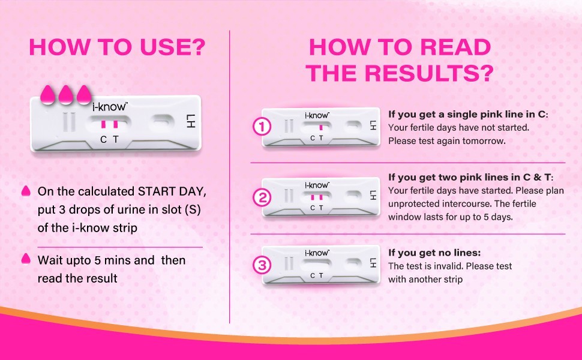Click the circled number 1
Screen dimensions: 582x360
(x=262, y=127)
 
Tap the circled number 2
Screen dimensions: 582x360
(x=262, y=197)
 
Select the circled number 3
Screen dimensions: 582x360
(x=262, y=265)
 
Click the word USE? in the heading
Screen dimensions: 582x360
(x=173, y=47)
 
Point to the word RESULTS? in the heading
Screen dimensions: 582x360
(x=430, y=73)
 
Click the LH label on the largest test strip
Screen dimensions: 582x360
(x=190, y=121)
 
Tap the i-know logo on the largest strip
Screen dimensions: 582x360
(x=110, y=107)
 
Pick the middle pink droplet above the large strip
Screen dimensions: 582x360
(x=66, y=94)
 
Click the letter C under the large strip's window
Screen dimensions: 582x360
(x=104, y=140)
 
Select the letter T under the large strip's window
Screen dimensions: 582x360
(x=116, y=140)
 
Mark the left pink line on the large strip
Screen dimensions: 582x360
(x=104, y=124)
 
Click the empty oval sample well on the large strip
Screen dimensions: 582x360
(x=162, y=123)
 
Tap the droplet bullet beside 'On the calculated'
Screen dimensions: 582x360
(x=26, y=191)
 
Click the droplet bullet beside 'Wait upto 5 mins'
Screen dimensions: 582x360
(x=26, y=259)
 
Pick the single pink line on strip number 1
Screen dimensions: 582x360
(x=320, y=127)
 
